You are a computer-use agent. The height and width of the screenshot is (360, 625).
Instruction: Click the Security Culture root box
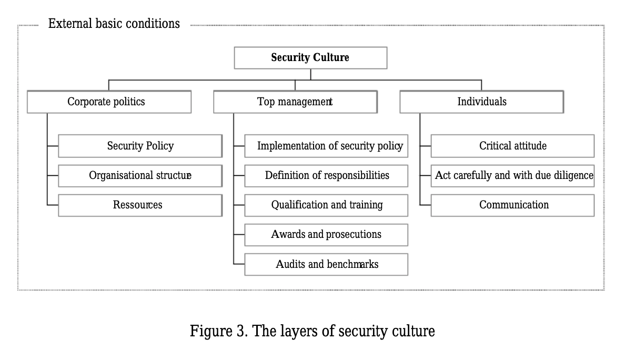coord(310,58)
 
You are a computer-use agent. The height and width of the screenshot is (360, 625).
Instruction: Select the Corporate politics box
coord(109,102)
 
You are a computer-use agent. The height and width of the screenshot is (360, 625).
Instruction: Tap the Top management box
coord(295,102)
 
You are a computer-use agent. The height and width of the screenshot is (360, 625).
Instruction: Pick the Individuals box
coord(482,102)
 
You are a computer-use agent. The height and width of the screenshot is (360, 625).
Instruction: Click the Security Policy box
coord(140,146)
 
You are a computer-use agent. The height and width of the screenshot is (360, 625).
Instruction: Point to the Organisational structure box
coord(140,176)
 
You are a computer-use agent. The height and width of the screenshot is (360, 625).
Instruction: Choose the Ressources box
coord(140,205)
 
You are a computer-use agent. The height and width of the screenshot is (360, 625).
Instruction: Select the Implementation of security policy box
coord(327,146)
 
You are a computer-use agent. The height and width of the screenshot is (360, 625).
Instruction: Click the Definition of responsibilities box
coord(327,176)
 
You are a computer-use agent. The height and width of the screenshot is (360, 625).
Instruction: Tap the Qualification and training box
coord(327,205)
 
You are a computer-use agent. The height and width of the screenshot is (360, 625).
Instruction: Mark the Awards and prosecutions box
coord(327,235)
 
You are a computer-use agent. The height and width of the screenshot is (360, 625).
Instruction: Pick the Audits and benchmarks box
coord(327,264)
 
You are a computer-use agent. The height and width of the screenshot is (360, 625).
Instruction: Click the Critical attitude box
coord(512,146)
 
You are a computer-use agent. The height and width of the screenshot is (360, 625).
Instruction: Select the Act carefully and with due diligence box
coord(512,176)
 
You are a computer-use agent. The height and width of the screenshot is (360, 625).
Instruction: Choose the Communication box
coord(512,205)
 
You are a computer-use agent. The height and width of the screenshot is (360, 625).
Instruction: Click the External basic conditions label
coord(114,24)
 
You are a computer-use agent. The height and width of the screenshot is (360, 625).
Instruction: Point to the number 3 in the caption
coord(240,331)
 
